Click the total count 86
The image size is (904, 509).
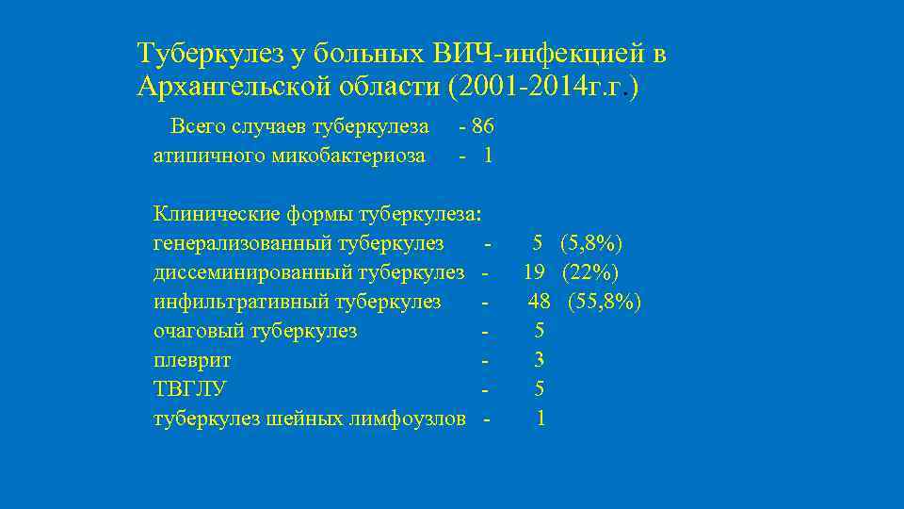(483, 126)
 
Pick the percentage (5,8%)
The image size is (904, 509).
(590, 243)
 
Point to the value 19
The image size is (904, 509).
(535, 272)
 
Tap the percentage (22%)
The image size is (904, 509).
(590, 272)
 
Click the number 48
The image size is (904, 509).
(539, 302)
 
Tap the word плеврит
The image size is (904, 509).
(192, 360)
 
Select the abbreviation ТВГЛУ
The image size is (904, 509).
(190, 388)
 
